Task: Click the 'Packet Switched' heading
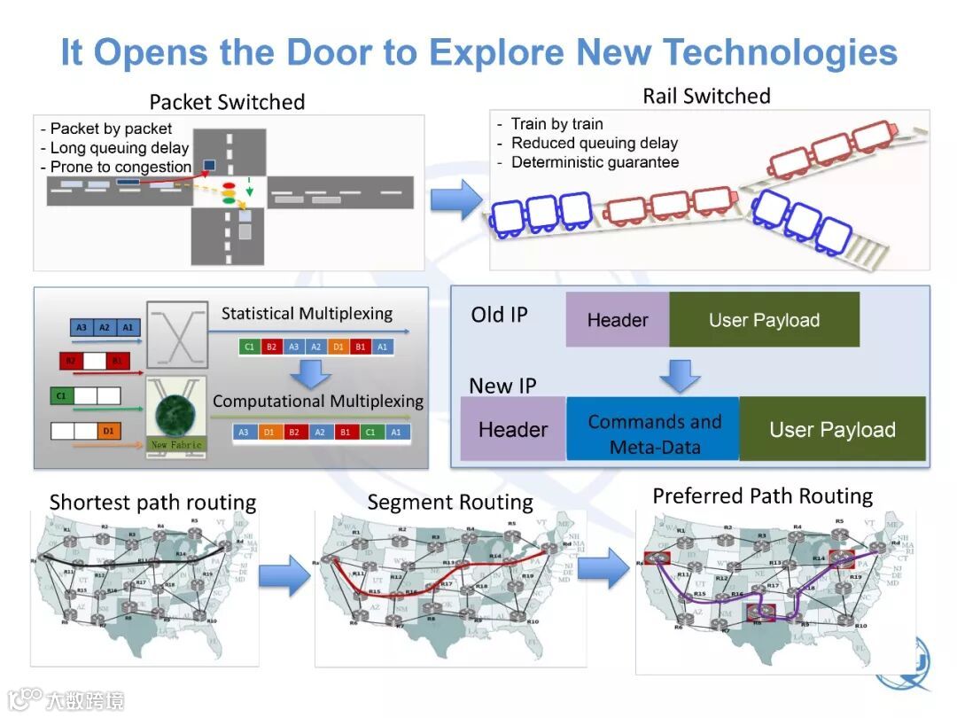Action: [x=227, y=102]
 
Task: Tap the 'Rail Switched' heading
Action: [x=706, y=96]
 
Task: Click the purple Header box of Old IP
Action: [x=617, y=320]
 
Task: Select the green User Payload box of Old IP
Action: [x=764, y=320]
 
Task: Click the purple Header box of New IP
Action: [x=512, y=430]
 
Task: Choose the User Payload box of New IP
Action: [x=832, y=430]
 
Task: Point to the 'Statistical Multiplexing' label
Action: [x=307, y=314]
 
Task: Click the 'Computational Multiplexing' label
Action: [x=318, y=401]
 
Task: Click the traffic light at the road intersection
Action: [x=230, y=194]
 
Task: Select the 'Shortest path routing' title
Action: [x=152, y=503]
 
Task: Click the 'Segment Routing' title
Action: [x=450, y=503]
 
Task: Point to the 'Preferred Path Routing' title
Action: [x=762, y=496]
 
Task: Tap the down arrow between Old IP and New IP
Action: [x=680, y=374]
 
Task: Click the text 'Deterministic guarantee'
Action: [x=595, y=162]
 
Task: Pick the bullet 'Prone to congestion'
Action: [x=121, y=167]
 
